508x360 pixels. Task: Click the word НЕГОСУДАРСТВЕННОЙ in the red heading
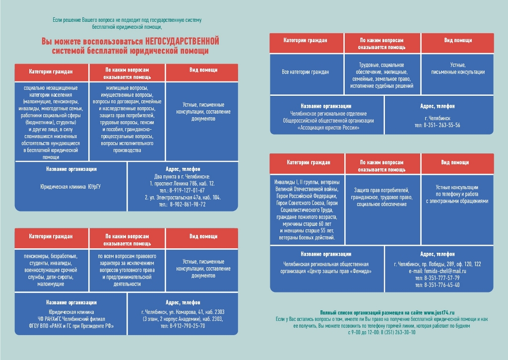pyautogui.click(x=182, y=41)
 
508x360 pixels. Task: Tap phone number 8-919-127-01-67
pyautogui.click(x=187, y=190)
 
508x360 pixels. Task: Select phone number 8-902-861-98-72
pyautogui.click(x=188, y=204)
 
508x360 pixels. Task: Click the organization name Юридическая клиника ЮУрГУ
pyautogui.click(x=70, y=187)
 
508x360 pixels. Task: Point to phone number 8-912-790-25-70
pyautogui.click(x=187, y=326)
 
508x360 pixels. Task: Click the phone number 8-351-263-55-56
pyautogui.click(x=442, y=125)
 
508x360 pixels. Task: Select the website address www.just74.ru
pyautogui.click(x=439, y=313)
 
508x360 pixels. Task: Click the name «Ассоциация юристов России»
pyautogui.click(x=328, y=128)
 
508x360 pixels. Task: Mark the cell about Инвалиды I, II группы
pyautogui.click(x=307, y=210)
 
